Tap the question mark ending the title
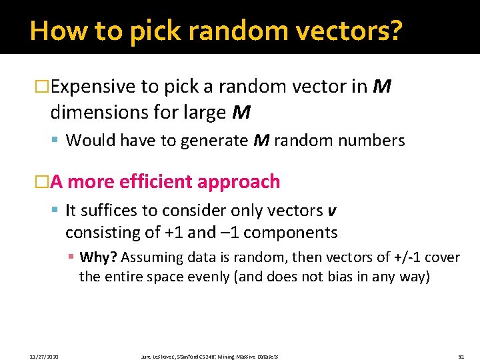point(395,31)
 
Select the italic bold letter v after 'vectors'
point(332,211)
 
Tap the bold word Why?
point(98,258)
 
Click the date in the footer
point(45,357)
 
